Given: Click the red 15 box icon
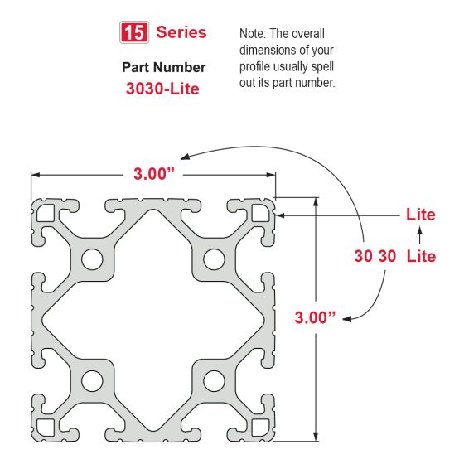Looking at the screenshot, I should point(133,33).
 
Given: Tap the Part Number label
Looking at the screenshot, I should point(163,67).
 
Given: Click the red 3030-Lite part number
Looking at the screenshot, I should point(162,89).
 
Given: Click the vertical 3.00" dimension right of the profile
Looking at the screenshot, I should point(315,317).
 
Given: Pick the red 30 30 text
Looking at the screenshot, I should point(375,256).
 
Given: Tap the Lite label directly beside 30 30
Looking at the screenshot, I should point(421,256).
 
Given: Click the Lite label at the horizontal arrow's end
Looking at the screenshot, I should point(420,215).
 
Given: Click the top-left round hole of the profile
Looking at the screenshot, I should point(91,259).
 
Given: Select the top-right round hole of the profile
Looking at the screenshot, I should point(214,259).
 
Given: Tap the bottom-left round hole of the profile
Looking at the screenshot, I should point(91,380).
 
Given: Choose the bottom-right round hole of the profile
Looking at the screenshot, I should point(214,380).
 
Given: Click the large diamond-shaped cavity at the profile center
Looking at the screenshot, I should point(152,319).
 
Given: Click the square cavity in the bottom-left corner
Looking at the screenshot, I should point(46,426).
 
